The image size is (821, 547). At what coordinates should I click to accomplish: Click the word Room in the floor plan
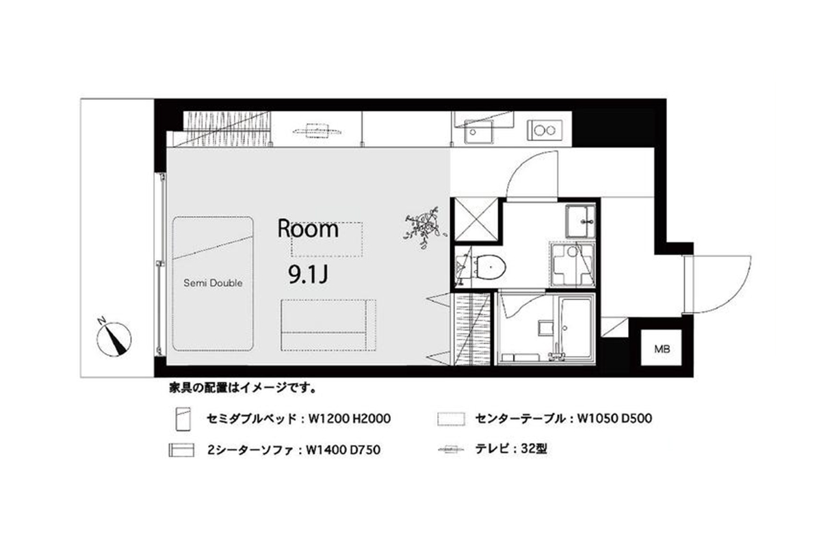point(308,228)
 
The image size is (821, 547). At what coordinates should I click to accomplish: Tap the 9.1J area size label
point(308,275)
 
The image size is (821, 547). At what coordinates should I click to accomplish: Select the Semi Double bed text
point(213,283)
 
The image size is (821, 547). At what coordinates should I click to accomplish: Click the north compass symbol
point(114,338)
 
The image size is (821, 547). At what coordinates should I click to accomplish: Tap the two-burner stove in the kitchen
point(545,130)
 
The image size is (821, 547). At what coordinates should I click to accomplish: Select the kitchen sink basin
point(479,131)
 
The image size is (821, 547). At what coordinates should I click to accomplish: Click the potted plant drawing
point(424,228)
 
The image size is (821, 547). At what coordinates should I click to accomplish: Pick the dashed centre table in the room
point(327,239)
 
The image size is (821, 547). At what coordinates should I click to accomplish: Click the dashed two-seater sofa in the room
point(328,325)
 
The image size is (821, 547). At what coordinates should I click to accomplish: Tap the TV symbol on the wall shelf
point(317,131)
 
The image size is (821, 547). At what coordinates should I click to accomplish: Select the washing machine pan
point(572,264)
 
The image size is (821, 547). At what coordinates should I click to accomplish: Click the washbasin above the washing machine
point(581,222)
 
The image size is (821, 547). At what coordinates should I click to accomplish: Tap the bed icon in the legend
point(183,418)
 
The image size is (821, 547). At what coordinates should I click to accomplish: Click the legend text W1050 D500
point(614,418)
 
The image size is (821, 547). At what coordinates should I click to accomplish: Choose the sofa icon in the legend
point(181,450)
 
